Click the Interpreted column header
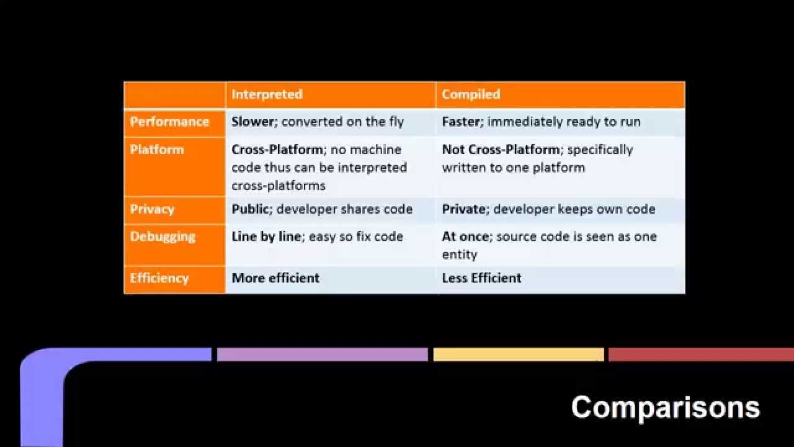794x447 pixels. click(267, 94)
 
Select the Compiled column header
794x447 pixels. click(471, 94)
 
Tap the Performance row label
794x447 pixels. click(169, 122)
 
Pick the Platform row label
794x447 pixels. click(157, 150)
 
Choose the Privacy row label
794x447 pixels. click(152, 209)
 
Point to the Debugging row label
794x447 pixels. click(163, 237)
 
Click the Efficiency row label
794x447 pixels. click(159, 278)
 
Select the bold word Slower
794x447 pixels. click(252, 122)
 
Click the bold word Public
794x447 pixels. click(251, 209)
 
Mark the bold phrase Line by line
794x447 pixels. click(267, 237)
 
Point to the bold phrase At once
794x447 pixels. click(465, 237)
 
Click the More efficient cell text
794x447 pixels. click(275, 278)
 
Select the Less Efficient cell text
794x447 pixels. click(481, 278)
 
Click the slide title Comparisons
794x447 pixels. click(665, 408)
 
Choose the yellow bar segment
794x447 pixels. click(519, 354)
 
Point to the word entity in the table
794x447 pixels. click(459, 255)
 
